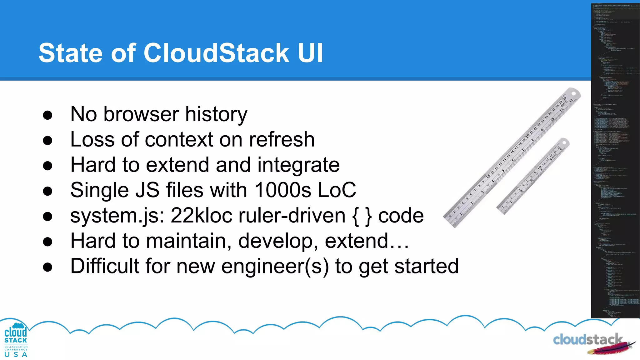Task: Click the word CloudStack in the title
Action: [x=216, y=53]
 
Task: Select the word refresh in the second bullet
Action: [x=282, y=140]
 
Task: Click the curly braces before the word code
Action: [x=362, y=216]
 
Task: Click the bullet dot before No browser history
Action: [x=47, y=115]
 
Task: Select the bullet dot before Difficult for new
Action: [x=47, y=267]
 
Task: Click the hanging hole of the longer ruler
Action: [x=574, y=94]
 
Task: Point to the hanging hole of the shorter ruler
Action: [x=564, y=143]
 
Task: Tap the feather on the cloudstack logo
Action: [x=609, y=347]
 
